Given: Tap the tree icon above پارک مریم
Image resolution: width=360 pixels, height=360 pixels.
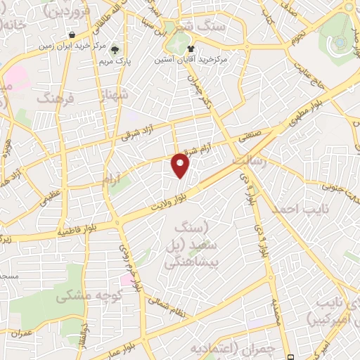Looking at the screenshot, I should tap(115, 32).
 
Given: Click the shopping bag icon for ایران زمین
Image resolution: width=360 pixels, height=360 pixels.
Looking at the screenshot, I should tap(73, 34).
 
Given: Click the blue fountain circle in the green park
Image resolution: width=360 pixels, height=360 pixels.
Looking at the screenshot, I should tap(340, 41).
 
